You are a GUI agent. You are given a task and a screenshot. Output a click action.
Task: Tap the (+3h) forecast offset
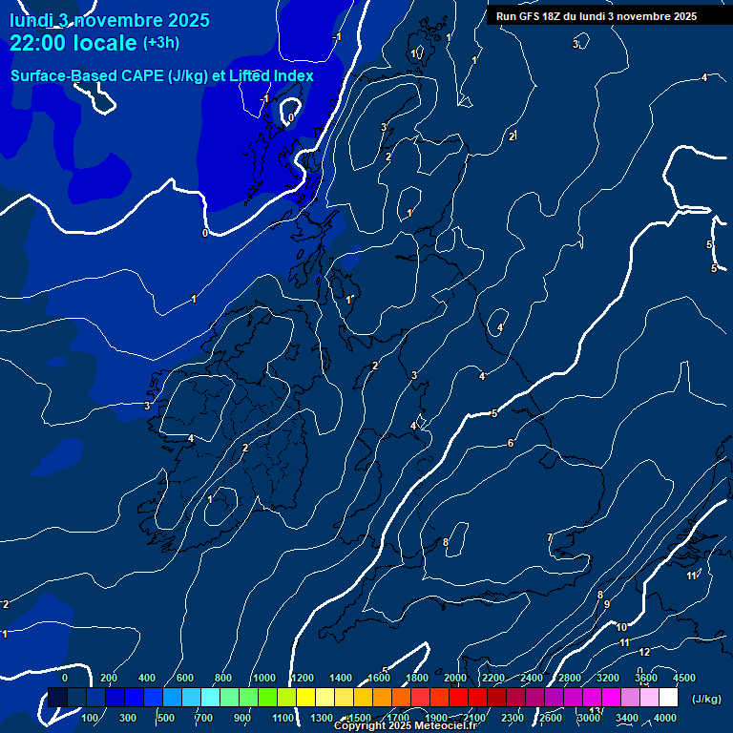(161, 43)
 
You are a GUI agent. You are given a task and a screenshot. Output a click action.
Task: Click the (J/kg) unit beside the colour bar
(706, 699)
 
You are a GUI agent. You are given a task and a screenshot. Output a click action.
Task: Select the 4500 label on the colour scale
(684, 678)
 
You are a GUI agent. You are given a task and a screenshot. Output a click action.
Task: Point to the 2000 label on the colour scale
(455, 678)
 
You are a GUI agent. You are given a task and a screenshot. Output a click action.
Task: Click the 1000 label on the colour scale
(264, 678)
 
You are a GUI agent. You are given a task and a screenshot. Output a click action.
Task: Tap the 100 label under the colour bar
(91, 718)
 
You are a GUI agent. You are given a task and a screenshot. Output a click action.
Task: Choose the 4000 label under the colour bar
(665, 718)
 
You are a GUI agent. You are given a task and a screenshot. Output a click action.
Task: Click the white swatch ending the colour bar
(668, 698)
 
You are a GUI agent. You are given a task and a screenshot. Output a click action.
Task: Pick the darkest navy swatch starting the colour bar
(57, 698)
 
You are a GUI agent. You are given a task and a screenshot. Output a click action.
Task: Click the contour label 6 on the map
(511, 443)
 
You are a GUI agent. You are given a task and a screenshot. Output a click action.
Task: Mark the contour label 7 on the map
(549, 537)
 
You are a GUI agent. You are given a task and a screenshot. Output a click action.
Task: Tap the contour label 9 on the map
(606, 604)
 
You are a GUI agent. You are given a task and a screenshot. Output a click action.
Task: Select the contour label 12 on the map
(644, 652)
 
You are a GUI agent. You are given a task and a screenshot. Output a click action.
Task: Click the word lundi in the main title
(31, 20)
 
